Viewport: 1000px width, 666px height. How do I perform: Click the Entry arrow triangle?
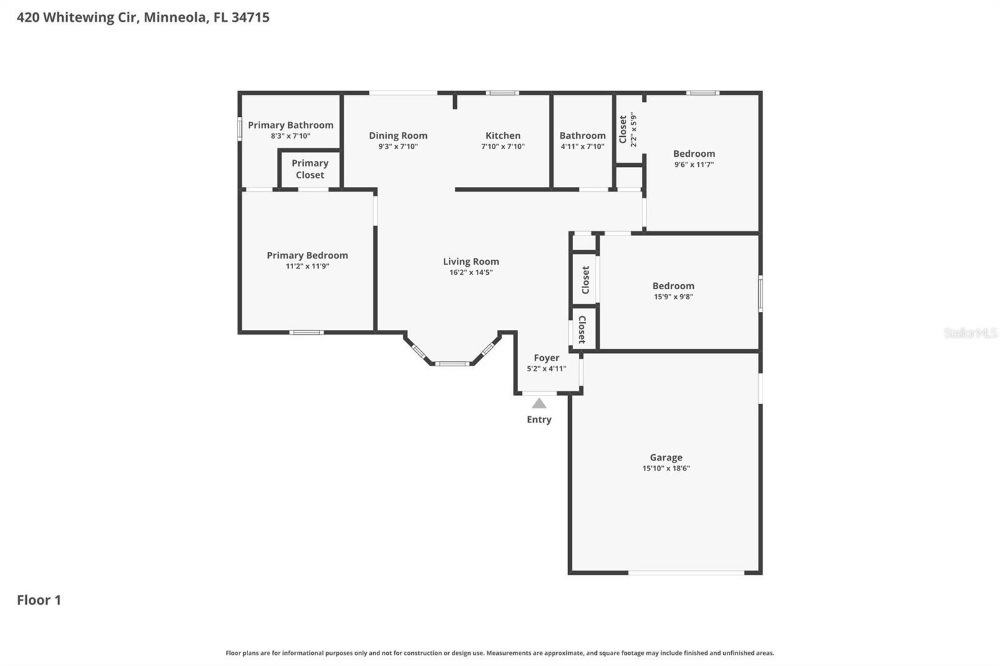pos(539,404)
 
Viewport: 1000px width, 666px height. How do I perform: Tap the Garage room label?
pos(666,457)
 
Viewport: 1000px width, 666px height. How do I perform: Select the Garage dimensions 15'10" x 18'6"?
pos(666,469)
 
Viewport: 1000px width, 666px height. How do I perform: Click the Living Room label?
pos(471,262)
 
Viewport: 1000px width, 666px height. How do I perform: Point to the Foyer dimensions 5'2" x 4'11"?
pos(546,369)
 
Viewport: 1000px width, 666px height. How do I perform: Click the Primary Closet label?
pos(310,169)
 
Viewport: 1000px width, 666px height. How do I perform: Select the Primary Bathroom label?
pos(291,125)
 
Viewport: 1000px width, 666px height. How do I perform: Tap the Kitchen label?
pos(502,136)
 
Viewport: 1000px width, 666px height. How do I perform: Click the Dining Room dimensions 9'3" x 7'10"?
pos(397,147)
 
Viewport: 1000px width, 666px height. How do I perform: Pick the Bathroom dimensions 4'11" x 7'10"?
pos(582,147)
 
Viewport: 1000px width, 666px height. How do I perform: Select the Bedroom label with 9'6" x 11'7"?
pos(694,154)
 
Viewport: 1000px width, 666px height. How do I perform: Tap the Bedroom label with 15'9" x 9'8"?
pos(673,286)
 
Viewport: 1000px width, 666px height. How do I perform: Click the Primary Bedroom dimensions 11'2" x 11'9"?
pos(307,266)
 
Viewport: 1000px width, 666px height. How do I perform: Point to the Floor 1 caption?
pos(39,600)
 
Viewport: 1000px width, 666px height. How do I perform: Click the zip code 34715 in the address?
pos(250,17)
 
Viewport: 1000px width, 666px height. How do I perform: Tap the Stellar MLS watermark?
pos(970,333)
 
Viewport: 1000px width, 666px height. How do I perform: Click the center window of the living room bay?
pos(452,363)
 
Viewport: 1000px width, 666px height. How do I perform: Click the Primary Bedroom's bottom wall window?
pos(306,332)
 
